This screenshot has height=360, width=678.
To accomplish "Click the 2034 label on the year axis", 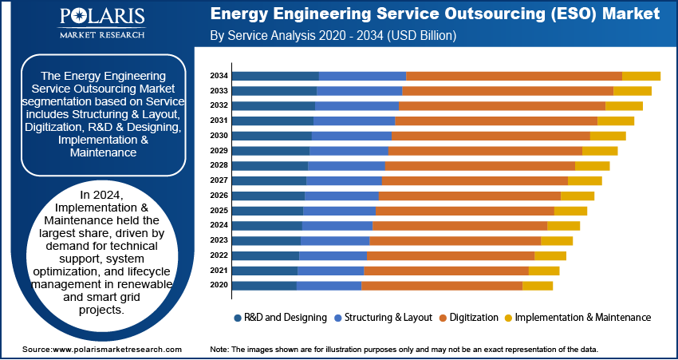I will (219, 76).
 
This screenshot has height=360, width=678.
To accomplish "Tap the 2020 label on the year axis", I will (219, 286).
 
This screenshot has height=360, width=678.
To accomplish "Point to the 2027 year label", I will (219, 180).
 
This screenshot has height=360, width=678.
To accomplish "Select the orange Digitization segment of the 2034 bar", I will (514, 76).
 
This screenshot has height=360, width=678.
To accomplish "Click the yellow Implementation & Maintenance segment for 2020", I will (538, 286).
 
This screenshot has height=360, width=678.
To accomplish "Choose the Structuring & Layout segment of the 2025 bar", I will (339, 211).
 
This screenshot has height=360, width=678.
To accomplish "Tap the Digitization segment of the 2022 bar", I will (450, 255).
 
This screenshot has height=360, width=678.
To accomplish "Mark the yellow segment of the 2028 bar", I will (592, 165).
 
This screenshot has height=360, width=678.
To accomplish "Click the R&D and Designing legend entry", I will (280, 318).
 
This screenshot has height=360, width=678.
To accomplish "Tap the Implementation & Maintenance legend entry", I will (577, 318).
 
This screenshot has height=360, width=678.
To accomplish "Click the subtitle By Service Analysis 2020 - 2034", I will (333, 36).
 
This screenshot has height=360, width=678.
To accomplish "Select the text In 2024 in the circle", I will (102, 195).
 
